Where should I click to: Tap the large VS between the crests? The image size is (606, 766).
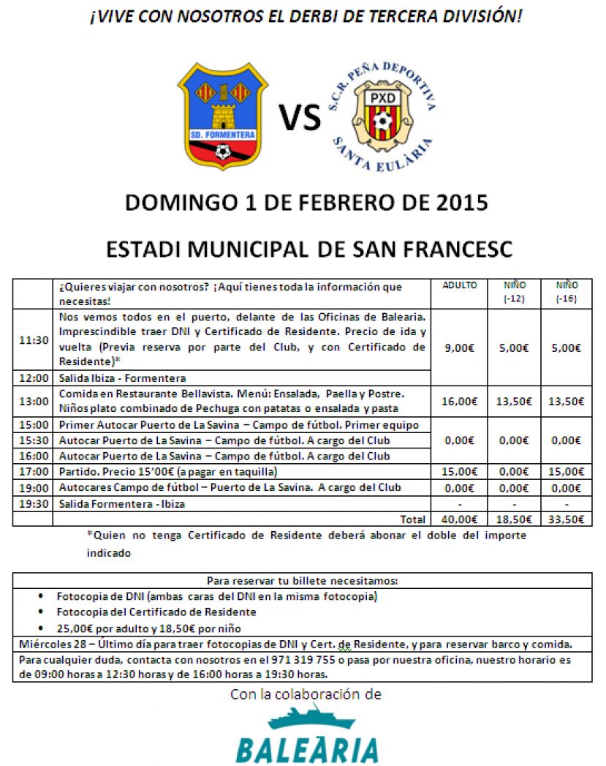click(300, 117)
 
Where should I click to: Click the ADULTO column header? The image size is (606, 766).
click(459, 285)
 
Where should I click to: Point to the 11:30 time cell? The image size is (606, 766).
click(34, 340)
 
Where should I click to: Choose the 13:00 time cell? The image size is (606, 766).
click(34, 401)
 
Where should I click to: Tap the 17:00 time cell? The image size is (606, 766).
click(34, 472)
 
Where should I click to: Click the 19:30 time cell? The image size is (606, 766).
click(34, 503)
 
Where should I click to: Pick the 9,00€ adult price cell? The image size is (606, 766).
click(459, 348)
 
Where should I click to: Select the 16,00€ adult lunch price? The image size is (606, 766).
click(459, 401)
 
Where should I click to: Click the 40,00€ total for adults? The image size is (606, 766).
click(459, 519)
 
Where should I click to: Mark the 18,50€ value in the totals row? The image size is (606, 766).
click(514, 519)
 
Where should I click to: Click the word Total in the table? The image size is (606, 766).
click(413, 519)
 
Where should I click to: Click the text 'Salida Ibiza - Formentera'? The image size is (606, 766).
click(122, 378)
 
